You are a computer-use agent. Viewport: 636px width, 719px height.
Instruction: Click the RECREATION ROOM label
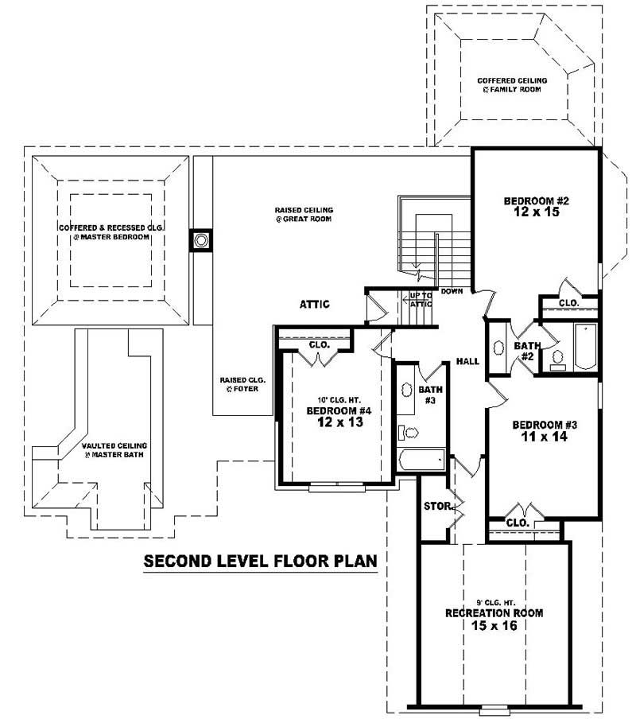point(494,613)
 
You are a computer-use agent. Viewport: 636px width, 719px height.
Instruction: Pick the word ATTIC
point(315,304)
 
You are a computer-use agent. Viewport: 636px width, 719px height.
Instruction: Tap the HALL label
point(467,362)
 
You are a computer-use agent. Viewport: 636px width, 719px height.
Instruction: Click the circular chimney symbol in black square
point(201,240)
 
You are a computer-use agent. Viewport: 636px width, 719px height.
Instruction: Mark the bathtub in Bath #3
point(421,460)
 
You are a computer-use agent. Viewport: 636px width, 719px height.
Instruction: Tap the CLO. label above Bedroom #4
point(319,345)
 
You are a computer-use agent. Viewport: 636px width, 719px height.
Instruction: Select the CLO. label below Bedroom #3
point(518,523)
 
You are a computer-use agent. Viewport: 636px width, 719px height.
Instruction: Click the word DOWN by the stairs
point(452,292)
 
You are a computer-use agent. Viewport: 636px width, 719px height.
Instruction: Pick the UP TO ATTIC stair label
point(420,299)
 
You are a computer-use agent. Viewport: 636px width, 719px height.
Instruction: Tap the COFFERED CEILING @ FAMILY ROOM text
point(509,85)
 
